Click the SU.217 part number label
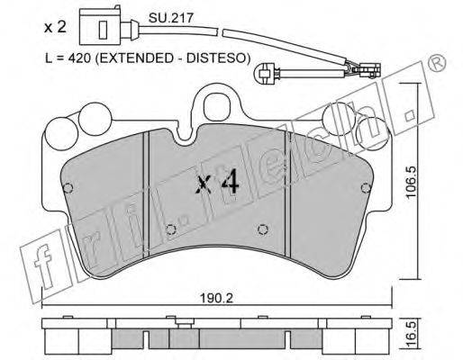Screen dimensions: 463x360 tap(171, 18)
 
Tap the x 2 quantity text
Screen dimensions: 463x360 tap(55, 27)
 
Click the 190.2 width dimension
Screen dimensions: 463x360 tap(216, 298)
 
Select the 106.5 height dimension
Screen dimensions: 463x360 tap(412, 182)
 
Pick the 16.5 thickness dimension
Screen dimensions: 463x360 tap(412, 334)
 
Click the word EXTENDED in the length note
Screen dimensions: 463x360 tap(134, 58)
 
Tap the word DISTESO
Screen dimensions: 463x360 tap(215, 58)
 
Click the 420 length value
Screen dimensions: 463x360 tap(79, 58)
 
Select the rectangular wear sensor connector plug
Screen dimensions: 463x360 tap(99, 27)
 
